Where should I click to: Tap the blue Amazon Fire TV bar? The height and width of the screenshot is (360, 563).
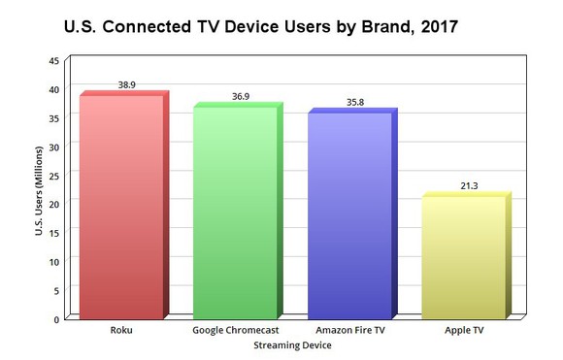point(348,214)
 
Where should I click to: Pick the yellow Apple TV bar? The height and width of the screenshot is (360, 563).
point(462,257)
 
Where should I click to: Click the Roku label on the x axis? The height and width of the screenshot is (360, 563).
point(122,330)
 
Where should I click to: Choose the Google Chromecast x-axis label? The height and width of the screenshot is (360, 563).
point(236,330)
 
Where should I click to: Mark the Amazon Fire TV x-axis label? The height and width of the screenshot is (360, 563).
point(349,330)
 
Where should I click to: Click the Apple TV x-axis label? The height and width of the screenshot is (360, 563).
point(463,330)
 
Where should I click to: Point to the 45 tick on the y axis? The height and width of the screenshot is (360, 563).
point(53,60)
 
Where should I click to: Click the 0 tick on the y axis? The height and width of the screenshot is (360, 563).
point(56,318)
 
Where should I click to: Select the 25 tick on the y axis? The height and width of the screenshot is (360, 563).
point(53,175)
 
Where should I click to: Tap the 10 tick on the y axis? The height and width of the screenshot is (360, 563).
point(53,261)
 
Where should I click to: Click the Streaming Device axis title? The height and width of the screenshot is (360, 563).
point(292,344)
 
